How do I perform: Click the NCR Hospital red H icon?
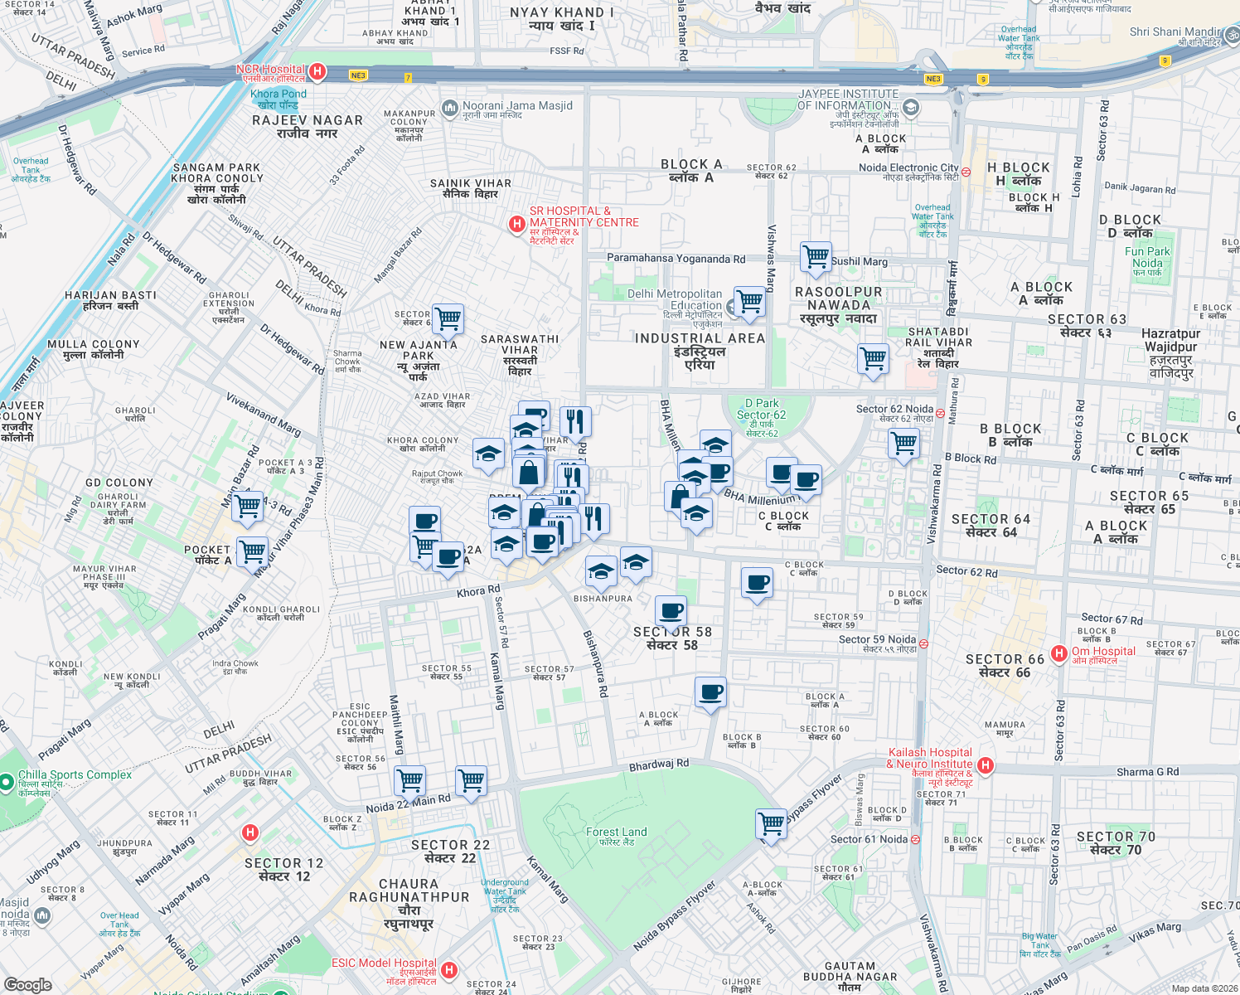pyautogui.click(x=317, y=72)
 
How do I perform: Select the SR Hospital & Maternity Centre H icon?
pyautogui.click(x=517, y=224)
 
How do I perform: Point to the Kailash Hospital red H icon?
pyautogui.click(x=985, y=765)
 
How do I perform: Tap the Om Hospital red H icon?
pyautogui.click(x=1058, y=653)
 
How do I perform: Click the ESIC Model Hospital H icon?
pyautogui.click(x=448, y=969)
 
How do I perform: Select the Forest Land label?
pyautogui.click(x=616, y=832)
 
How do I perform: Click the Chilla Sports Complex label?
pyautogui.click(x=75, y=775)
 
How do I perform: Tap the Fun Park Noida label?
pyautogui.click(x=1148, y=257)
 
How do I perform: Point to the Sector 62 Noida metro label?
pyautogui.click(x=895, y=410)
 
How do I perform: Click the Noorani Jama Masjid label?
pyautogui.click(x=517, y=106)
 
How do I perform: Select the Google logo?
pyautogui.click(x=27, y=984)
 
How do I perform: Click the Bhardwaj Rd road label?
pyautogui.click(x=659, y=764)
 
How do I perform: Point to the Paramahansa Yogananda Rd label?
pyautogui.click(x=676, y=259)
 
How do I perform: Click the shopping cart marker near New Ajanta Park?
pyautogui.click(x=448, y=318)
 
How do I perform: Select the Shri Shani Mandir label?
pyautogui.click(x=1175, y=32)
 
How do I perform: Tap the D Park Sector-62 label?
pyautogui.click(x=761, y=415)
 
